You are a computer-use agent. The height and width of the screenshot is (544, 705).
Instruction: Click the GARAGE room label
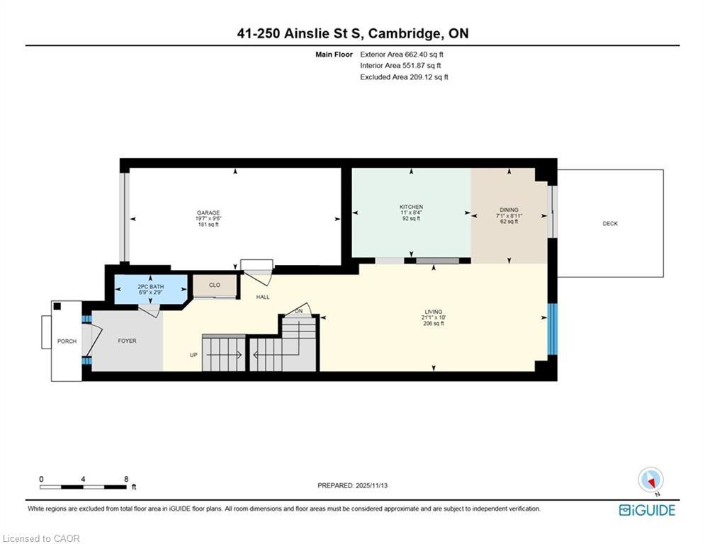pyautogui.click(x=208, y=212)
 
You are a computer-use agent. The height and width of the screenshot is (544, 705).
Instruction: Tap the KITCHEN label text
pyautogui.click(x=411, y=207)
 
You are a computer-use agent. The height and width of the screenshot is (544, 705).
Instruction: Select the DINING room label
pyautogui.click(x=509, y=210)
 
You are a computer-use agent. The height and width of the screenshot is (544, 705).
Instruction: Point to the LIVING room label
pyautogui.click(x=433, y=312)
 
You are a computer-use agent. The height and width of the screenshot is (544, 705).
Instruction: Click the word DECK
pyautogui.click(x=610, y=224)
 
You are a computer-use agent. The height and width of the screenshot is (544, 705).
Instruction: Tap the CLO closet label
pyautogui.click(x=214, y=285)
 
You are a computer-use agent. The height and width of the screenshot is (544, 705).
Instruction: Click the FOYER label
pyautogui.click(x=127, y=341)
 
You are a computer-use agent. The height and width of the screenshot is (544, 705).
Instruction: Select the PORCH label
pyautogui.click(x=67, y=341)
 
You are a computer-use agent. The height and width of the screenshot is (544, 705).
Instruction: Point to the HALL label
pyautogui.click(x=263, y=297)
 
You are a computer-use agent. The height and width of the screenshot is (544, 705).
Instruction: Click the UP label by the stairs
pyautogui.click(x=193, y=354)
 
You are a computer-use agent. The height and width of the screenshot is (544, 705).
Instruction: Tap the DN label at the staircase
pyautogui.click(x=299, y=312)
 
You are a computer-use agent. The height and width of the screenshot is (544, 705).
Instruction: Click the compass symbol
pyautogui.click(x=650, y=480)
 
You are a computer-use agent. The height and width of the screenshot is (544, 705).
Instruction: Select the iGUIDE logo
pyautogui.click(x=647, y=510)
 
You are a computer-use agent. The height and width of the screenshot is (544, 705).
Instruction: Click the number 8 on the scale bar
pyautogui.click(x=126, y=480)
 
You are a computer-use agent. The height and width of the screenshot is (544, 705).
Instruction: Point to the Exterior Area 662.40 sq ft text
pyautogui.click(x=402, y=54)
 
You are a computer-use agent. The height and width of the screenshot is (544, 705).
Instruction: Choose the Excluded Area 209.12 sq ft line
pyautogui.click(x=404, y=77)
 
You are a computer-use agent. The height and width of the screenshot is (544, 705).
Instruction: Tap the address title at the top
pyautogui.click(x=352, y=33)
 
